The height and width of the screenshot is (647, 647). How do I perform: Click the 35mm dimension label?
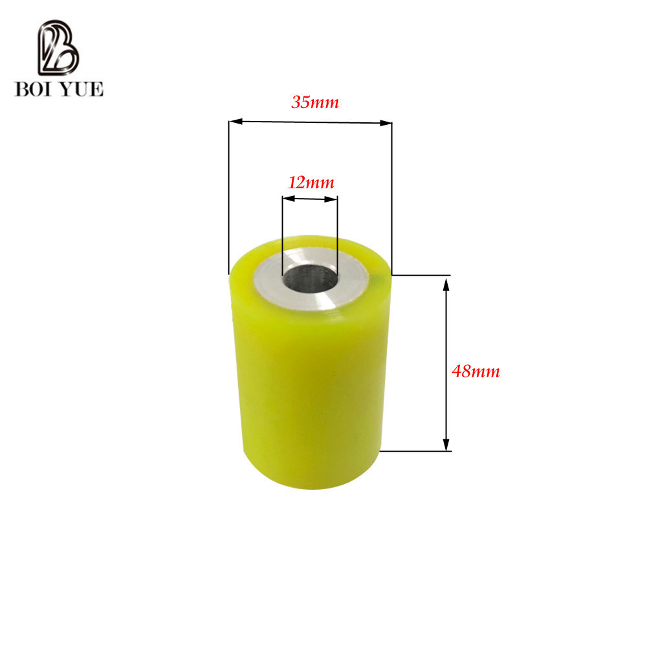[315, 102]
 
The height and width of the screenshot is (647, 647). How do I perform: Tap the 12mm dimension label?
[311, 182]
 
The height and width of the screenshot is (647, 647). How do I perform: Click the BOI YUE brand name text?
[59, 89]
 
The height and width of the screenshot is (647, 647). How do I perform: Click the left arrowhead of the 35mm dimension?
[236, 121]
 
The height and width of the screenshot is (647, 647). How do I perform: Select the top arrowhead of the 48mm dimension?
[446, 283]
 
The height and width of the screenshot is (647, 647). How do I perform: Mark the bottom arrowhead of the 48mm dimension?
[446, 444]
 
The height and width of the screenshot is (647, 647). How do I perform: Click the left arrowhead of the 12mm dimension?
[286, 200]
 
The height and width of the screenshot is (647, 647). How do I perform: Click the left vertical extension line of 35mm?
[229, 194]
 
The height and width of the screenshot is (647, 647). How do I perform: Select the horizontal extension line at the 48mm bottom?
[414, 450]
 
